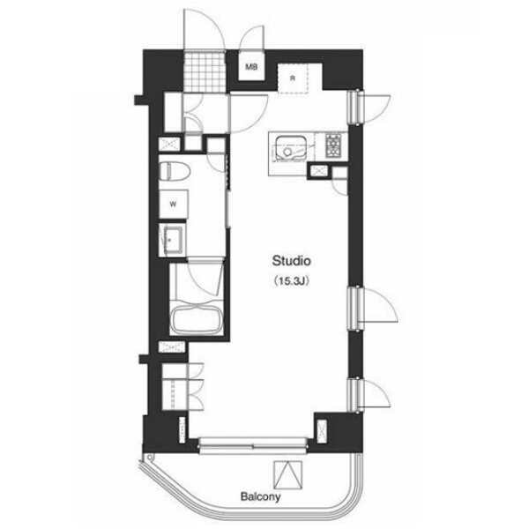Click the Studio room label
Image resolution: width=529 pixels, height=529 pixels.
(x=291, y=261)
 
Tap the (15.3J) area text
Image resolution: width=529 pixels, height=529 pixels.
(x=292, y=281)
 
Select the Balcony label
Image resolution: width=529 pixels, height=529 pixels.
(x=260, y=496)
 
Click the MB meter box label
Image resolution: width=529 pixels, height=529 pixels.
(x=251, y=67)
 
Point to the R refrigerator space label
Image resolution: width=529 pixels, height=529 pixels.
(x=293, y=78)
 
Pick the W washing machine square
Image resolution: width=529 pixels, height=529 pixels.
(x=174, y=205)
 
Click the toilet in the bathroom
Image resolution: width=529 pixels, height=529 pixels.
(x=175, y=170)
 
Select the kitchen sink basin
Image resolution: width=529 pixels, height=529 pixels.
(x=290, y=148)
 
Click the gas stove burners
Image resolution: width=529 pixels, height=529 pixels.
(x=334, y=145)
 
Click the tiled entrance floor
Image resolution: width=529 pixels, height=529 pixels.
(x=205, y=71)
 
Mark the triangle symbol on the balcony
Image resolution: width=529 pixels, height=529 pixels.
(x=287, y=475)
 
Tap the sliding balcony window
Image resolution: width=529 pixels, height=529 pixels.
(x=253, y=445)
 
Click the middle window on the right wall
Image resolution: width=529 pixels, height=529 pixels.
(x=356, y=308)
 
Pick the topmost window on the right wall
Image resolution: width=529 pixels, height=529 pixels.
(x=356, y=108)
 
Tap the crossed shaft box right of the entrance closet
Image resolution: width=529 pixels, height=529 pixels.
(x=168, y=144)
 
